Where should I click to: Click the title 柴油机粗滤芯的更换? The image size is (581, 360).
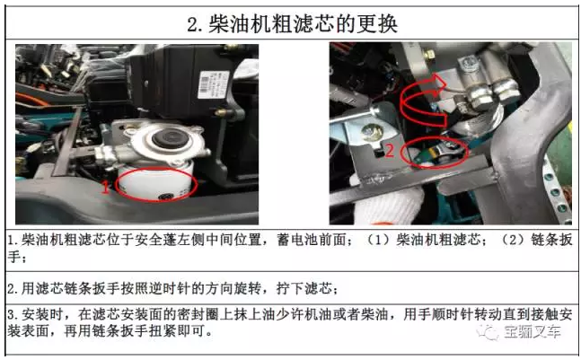tap(303, 24)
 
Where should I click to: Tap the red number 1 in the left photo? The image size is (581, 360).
tap(106, 187)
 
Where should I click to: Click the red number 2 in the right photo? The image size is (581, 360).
tap(390, 150)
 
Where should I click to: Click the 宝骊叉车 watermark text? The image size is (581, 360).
tap(532, 331)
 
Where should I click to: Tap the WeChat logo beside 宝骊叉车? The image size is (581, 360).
tap(489, 331)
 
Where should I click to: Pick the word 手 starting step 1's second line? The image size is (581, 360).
tap(13, 257)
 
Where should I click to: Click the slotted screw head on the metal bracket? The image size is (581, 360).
tap(372, 132)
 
